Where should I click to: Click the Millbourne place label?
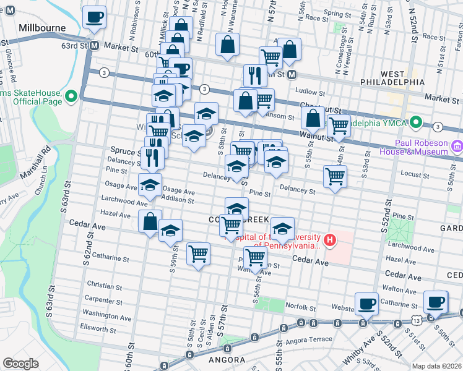(x=41, y=28)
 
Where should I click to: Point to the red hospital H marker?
(x=331, y=240)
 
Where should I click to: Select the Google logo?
(x=20, y=363)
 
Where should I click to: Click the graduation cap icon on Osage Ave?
(x=150, y=184)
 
